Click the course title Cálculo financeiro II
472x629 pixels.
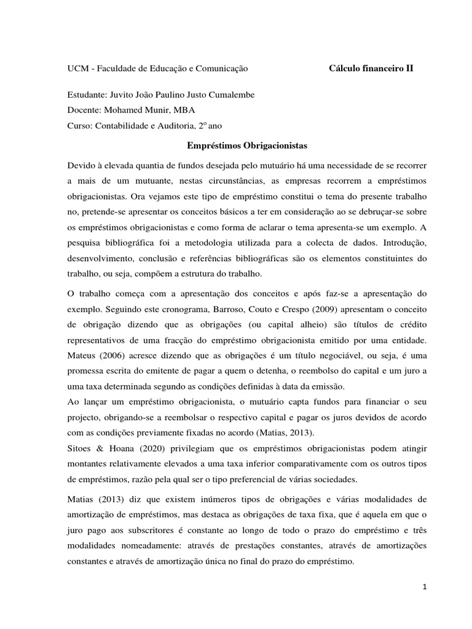pos(371,69)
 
